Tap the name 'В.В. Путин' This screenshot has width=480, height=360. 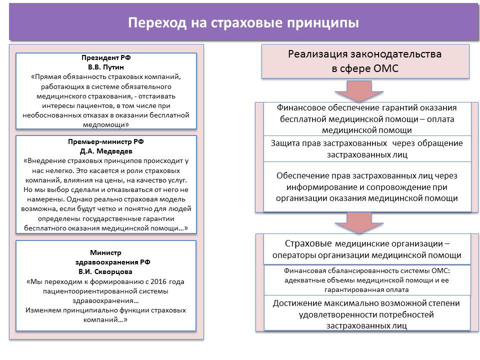105,67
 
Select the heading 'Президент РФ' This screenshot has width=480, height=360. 105,58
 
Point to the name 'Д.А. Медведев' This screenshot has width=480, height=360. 105,151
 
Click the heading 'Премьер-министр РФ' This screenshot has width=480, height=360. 105,142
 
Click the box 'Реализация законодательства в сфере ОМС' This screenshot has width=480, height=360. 365,61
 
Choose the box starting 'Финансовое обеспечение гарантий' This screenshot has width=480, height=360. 367,119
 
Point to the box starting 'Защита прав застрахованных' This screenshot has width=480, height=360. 367,148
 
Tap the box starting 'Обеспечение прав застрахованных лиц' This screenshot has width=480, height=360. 367,186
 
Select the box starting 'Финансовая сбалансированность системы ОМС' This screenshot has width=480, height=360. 367,279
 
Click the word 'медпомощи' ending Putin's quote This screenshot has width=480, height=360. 106,124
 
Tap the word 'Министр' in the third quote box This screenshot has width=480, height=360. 105,252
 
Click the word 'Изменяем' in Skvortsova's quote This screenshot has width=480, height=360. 41,310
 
